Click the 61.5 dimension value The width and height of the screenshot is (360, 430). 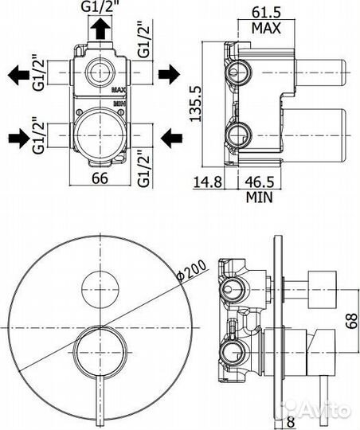click(x=267, y=12)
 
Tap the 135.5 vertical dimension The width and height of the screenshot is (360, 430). click(x=196, y=104)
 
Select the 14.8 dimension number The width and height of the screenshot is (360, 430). click(x=208, y=182)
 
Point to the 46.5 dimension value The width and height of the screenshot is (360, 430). click(x=260, y=182)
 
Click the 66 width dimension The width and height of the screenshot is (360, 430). click(x=100, y=178)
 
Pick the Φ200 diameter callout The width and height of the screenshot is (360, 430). click(x=191, y=271)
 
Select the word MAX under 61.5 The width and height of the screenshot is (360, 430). click(x=267, y=28)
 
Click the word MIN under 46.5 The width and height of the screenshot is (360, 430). click(x=260, y=197)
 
